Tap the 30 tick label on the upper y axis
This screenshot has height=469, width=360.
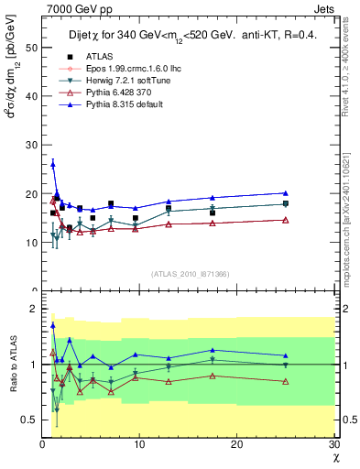tap(31, 144)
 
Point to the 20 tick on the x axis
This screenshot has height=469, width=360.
tap(236, 444)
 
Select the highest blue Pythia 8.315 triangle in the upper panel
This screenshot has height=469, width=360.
tap(53, 164)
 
